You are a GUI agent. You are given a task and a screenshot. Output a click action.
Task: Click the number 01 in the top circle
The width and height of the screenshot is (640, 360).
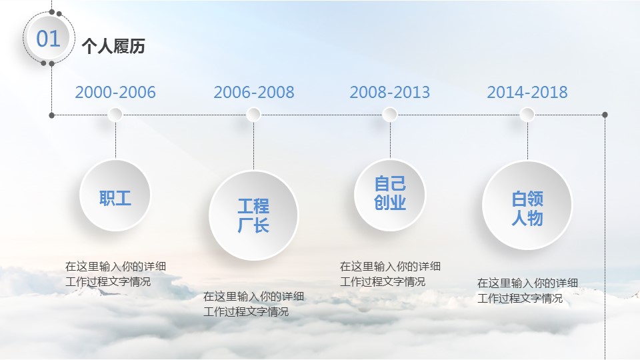[48, 39]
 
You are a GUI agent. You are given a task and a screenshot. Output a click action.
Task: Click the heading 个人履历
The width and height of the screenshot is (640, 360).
[113, 46]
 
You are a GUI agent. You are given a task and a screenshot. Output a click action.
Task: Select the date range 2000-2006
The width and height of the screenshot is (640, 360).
[115, 92]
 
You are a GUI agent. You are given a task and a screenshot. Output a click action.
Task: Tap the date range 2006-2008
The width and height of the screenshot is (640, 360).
[254, 92]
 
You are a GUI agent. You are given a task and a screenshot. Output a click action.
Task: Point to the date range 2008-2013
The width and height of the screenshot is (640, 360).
[390, 92]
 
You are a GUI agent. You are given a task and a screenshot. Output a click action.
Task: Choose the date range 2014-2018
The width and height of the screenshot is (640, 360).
[527, 92]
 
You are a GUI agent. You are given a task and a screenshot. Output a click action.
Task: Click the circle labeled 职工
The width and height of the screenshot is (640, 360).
[115, 195]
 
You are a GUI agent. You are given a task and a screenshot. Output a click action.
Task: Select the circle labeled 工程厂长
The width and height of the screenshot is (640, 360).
[253, 215]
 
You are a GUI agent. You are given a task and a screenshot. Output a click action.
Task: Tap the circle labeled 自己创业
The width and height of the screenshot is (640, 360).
[390, 195]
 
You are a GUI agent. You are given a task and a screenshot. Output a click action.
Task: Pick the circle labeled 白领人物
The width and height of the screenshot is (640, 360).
[527, 205]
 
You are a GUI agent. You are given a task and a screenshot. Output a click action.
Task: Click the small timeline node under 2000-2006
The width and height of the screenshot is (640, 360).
[115, 115]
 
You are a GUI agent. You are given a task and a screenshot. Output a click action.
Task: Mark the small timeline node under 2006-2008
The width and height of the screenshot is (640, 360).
[253, 115]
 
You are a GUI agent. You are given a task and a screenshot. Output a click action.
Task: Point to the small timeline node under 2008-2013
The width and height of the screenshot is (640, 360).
[390, 115]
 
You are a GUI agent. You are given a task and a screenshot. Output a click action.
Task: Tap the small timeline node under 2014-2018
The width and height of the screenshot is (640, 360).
[527, 115]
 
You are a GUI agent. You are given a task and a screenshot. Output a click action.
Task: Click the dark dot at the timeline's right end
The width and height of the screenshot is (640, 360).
[605, 115]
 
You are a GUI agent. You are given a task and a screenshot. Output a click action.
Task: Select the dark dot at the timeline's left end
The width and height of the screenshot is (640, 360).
[52, 115]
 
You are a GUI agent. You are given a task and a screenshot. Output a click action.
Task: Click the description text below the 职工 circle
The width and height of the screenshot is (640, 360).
[115, 274]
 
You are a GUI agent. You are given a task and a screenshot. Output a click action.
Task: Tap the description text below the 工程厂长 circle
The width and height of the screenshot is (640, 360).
[253, 304]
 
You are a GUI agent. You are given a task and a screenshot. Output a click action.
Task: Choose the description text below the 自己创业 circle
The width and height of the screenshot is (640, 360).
[390, 274]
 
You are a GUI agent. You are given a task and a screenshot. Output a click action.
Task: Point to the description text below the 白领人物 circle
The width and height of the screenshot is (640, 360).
[527, 291]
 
